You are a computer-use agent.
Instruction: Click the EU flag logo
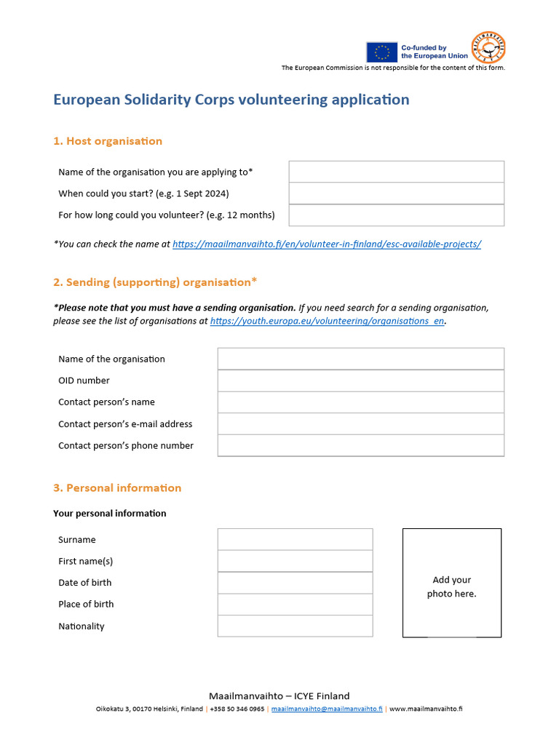pyautogui.click(x=381, y=52)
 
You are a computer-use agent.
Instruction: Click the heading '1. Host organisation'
pyautogui.click(x=108, y=141)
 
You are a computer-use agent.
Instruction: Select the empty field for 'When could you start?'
pyautogui.click(x=396, y=194)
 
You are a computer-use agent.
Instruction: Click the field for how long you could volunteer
pyautogui.click(x=396, y=215)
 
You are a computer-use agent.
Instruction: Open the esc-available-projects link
pyautogui.click(x=327, y=244)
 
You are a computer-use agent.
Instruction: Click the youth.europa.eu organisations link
pyautogui.click(x=327, y=321)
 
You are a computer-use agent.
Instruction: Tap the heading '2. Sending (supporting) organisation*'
pyautogui.click(x=155, y=282)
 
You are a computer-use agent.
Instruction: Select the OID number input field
pyautogui.click(x=360, y=381)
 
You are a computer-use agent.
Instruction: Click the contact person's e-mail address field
pyautogui.click(x=360, y=424)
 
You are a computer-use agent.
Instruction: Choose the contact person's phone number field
pyautogui.click(x=360, y=445)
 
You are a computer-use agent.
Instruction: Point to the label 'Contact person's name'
pyautogui.click(x=106, y=402)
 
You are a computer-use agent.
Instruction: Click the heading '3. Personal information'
pyautogui.click(x=117, y=488)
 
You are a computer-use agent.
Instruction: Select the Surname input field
pyautogui.click(x=295, y=540)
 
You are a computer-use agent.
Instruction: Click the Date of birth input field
pyautogui.click(x=295, y=583)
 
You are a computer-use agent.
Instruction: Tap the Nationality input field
pyautogui.click(x=295, y=626)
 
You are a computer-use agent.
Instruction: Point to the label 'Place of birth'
pyautogui.click(x=86, y=605)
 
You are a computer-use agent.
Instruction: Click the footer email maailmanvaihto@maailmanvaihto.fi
pyautogui.click(x=327, y=709)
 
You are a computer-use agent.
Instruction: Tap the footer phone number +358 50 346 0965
pyautogui.click(x=237, y=709)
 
